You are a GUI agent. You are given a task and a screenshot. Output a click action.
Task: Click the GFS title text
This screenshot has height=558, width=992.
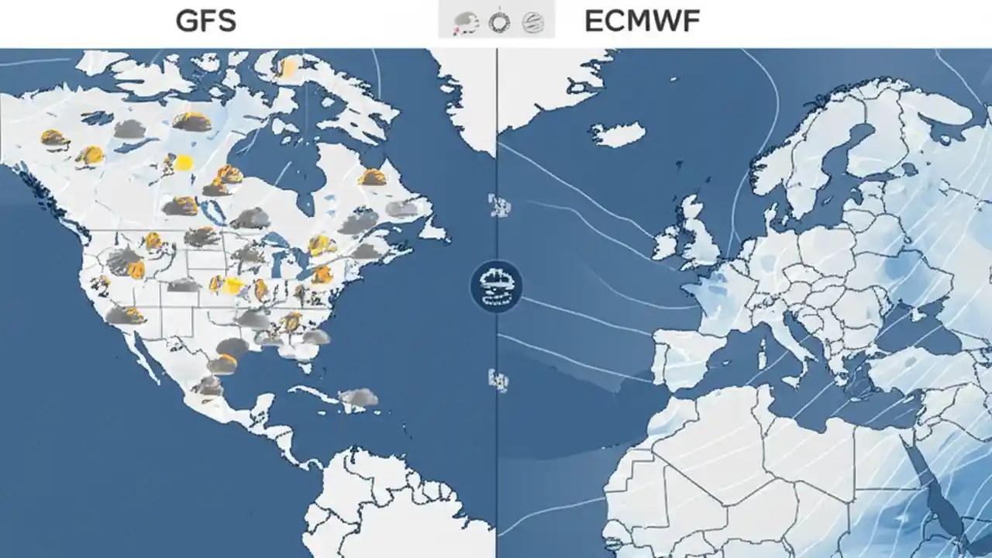(x=205, y=21)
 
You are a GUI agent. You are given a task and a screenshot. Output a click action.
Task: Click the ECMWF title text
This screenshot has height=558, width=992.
(x=642, y=21)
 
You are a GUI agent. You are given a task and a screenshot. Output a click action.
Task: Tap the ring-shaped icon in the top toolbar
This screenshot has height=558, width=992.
(x=498, y=22)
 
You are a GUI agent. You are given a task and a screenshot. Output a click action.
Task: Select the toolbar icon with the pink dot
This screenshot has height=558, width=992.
(x=467, y=22)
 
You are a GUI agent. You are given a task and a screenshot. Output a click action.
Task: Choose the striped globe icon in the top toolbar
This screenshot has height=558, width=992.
(x=532, y=22)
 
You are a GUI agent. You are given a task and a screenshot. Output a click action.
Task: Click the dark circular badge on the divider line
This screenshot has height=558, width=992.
(x=496, y=286)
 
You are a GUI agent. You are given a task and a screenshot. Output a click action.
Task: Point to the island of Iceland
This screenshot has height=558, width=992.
(x=618, y=135)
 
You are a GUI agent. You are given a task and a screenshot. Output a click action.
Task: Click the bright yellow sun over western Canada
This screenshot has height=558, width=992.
(x=184, y=163)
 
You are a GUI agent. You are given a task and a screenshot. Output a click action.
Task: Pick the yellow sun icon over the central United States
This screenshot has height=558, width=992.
(x=232, y=285)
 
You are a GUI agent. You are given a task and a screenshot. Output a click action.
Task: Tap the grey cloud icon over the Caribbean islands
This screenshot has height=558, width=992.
(x=358, y=398)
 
